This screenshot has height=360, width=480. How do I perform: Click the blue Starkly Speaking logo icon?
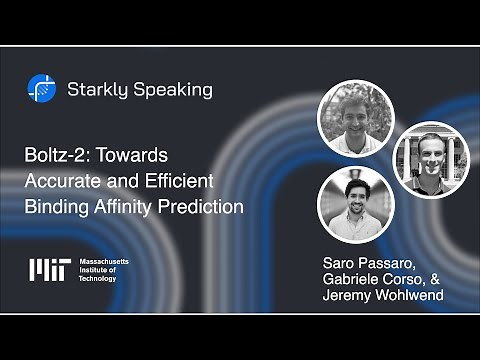(41, 89)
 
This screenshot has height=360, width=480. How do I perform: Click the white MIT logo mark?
(49, 270)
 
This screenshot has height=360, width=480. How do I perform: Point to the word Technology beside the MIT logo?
(97, 278)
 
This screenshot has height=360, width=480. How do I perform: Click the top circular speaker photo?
(355, 119)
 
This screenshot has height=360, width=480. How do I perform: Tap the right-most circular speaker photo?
(431, 158)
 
